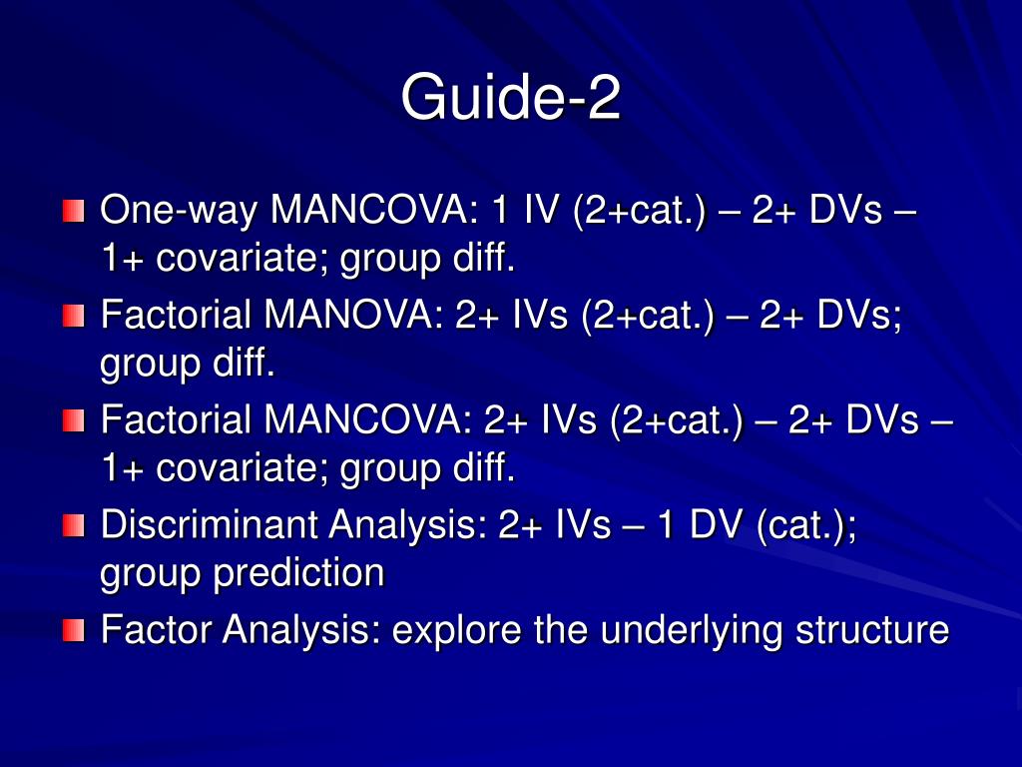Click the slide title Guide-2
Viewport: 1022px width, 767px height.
point(510,98)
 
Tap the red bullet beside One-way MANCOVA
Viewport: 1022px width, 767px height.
point(73,212)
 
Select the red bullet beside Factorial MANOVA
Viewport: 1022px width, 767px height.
point(73,317)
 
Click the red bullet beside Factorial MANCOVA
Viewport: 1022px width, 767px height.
point(73,421)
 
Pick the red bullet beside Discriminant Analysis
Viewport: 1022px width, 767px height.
point(73,525)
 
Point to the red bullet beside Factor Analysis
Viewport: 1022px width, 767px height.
point(73,630)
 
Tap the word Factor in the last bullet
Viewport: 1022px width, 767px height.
point(157,630)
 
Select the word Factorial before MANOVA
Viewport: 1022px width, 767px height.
point(176,317)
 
